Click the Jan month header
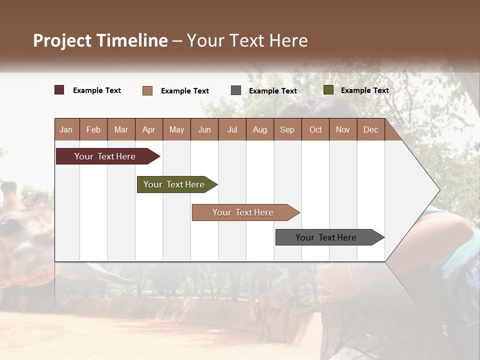coord(66,129)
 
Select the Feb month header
coord(93,129)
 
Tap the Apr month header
coord(148,129)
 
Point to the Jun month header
coord(204,129)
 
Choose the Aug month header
coord(259,129)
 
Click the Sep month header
coord(287,129)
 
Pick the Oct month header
coord(315,129)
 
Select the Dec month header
coord(370,129)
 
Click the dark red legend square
coord(59,90)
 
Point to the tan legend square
coord(147,90)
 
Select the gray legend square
coord(236,90)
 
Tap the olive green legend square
coord(328,90)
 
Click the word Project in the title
coord(62,40)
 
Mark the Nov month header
coord(343,129)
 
